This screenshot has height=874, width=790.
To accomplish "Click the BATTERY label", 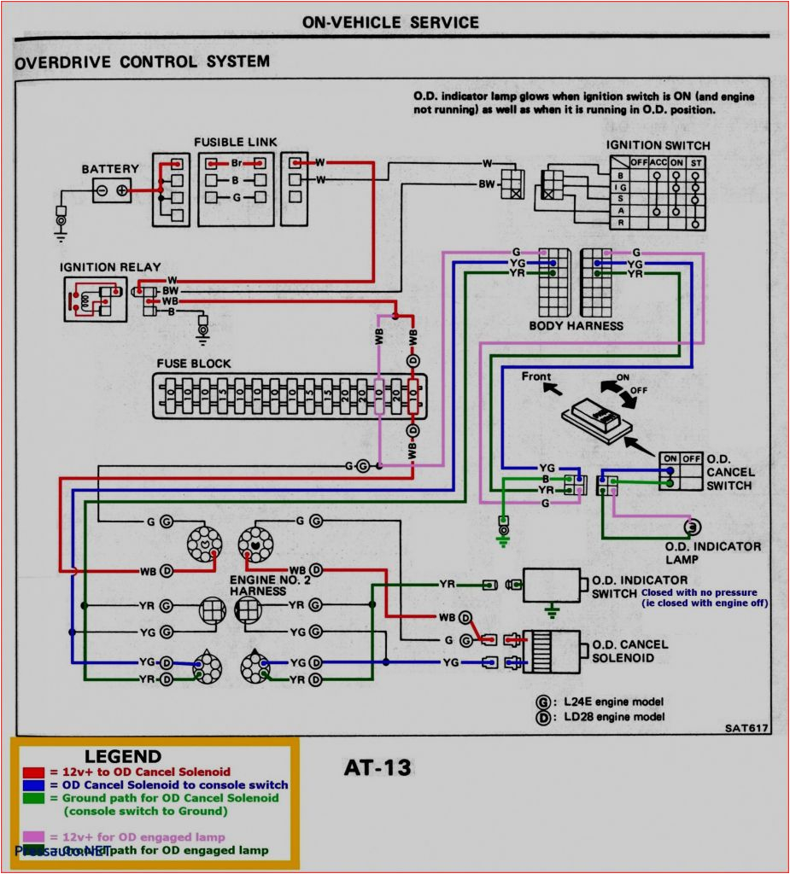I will [x=109, y=169].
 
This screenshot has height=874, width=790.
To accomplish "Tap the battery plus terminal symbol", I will [x=122, y=189].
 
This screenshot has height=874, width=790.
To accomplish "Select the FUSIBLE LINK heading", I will [x=235, y=142].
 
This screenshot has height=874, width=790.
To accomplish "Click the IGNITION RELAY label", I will [x=110, y=266].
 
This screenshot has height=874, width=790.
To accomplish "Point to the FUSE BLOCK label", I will [x=193, y=364].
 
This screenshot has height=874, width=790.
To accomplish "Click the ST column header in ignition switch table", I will [x=696, y=161].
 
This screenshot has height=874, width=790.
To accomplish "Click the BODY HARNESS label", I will [x=576, y=325].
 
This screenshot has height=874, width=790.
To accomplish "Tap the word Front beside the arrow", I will [x=536, y=376].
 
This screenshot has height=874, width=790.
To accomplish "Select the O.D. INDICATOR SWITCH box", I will [x=552, y=585].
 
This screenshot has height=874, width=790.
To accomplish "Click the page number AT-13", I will [x=377, y=767].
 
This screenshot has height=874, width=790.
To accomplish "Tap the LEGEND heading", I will [x=122, y=756].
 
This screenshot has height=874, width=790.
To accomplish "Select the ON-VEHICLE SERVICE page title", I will [x=390, y=22].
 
